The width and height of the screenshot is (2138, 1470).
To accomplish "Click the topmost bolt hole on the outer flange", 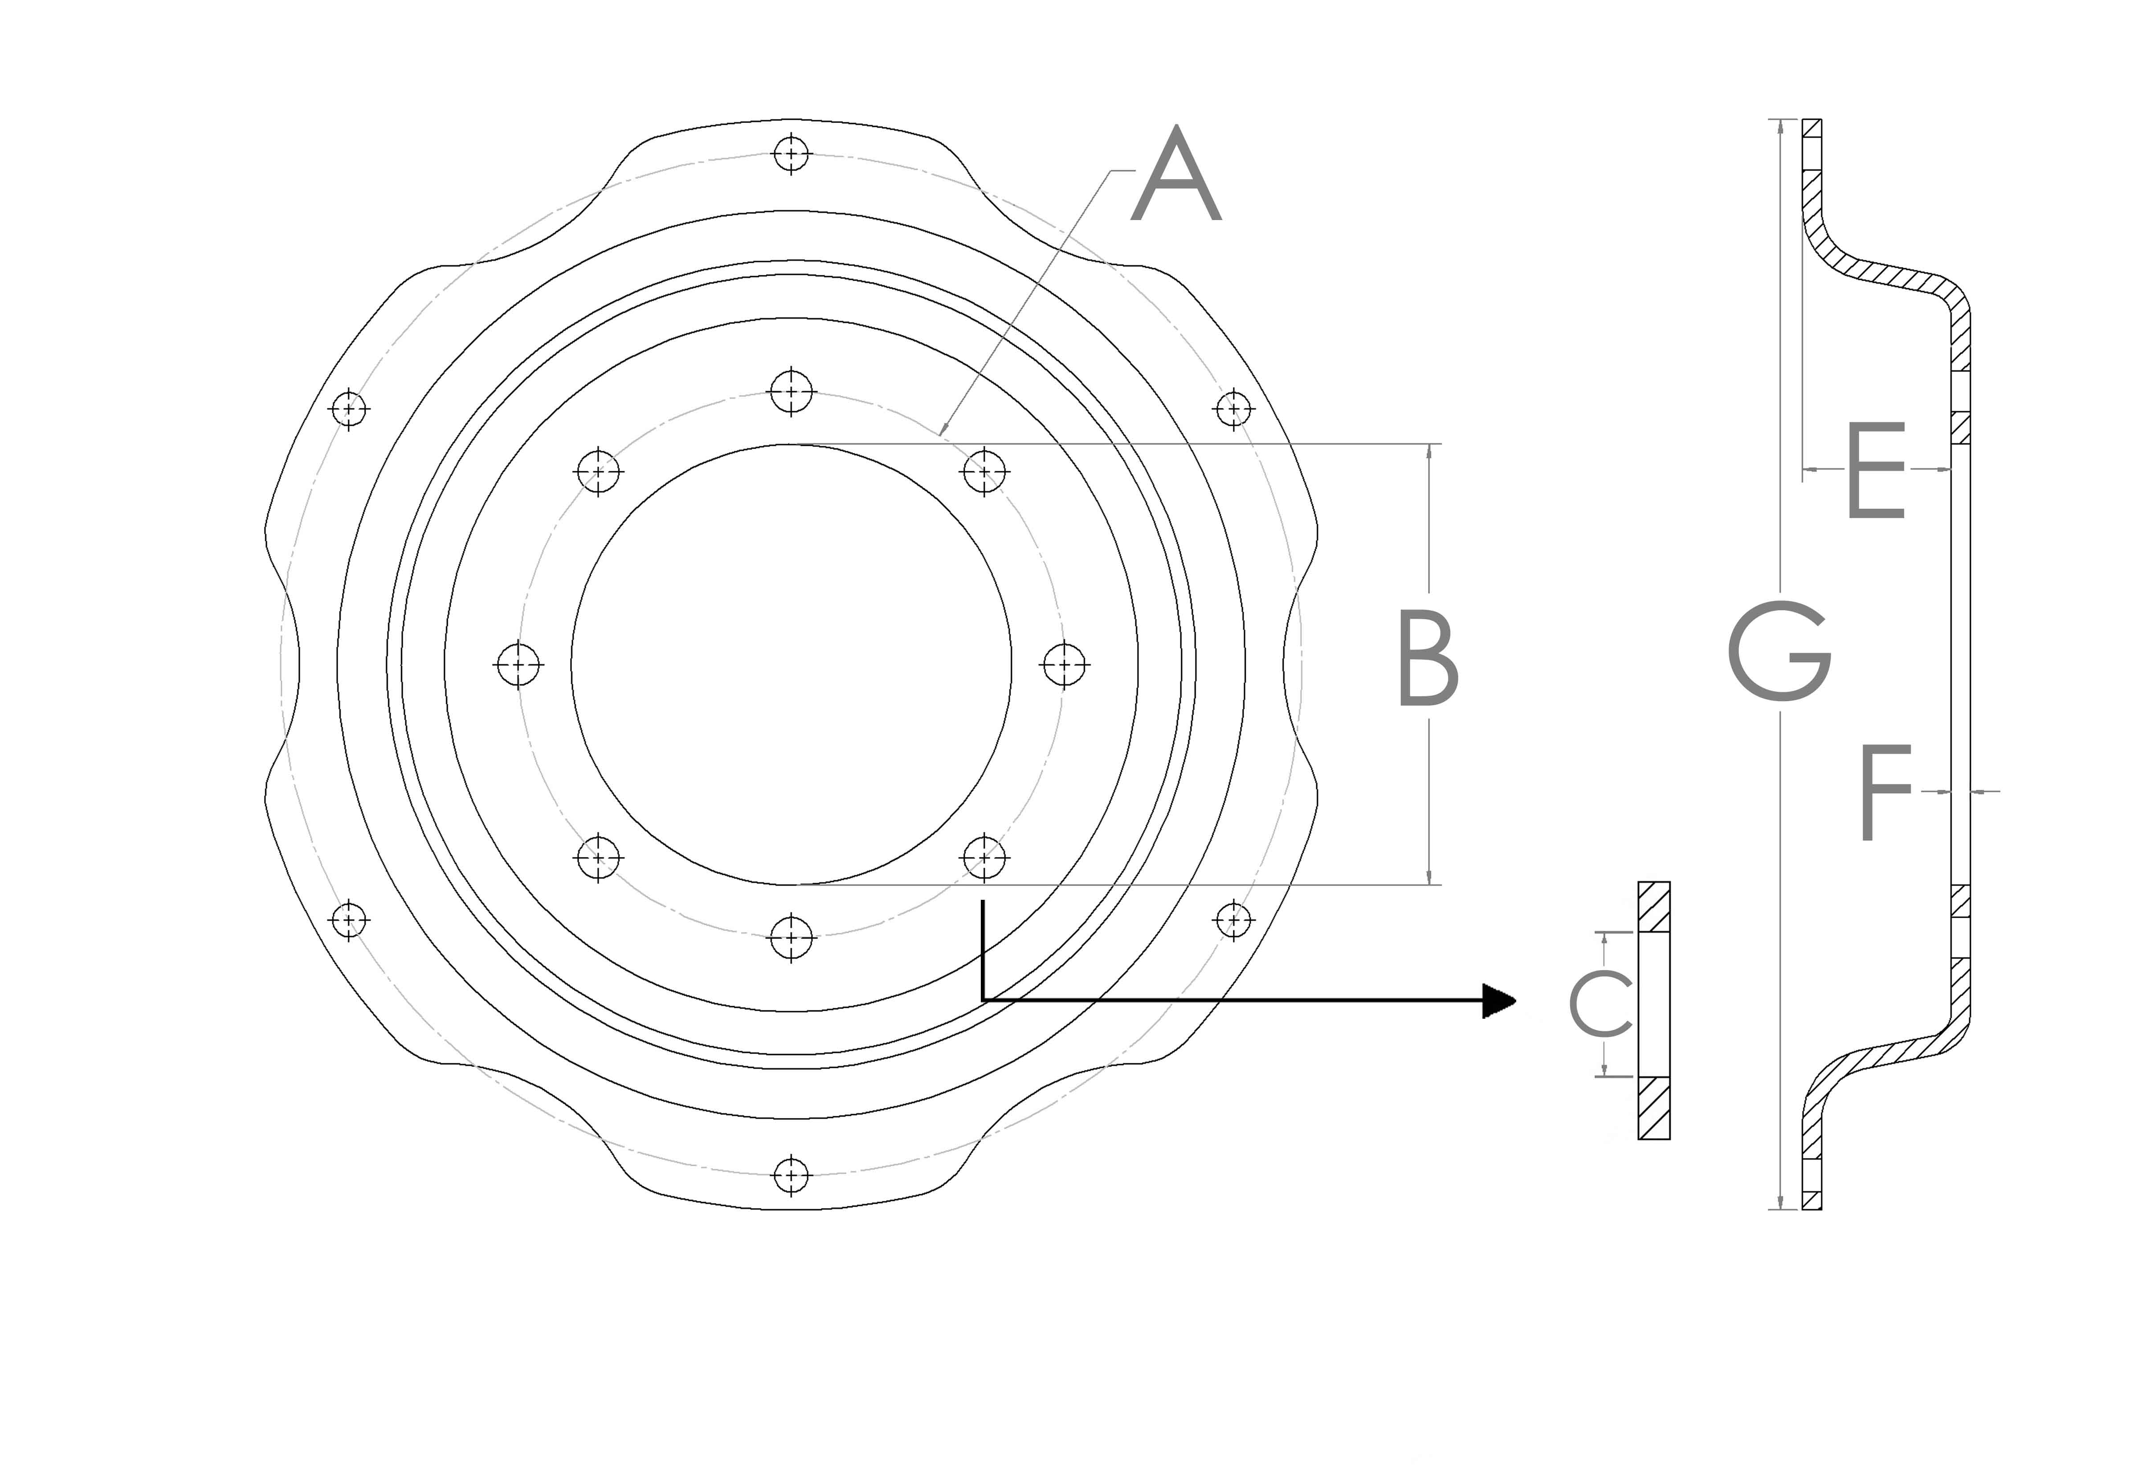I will tap(791, 153).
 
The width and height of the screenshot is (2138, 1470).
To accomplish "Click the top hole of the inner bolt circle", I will tap(791, 392).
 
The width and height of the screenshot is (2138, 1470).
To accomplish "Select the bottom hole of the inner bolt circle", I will tap(791, 938).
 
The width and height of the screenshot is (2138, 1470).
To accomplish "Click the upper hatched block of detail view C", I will tap(1654, 907).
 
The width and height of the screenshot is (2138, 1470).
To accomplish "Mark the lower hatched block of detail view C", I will tap(1654, 1108).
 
